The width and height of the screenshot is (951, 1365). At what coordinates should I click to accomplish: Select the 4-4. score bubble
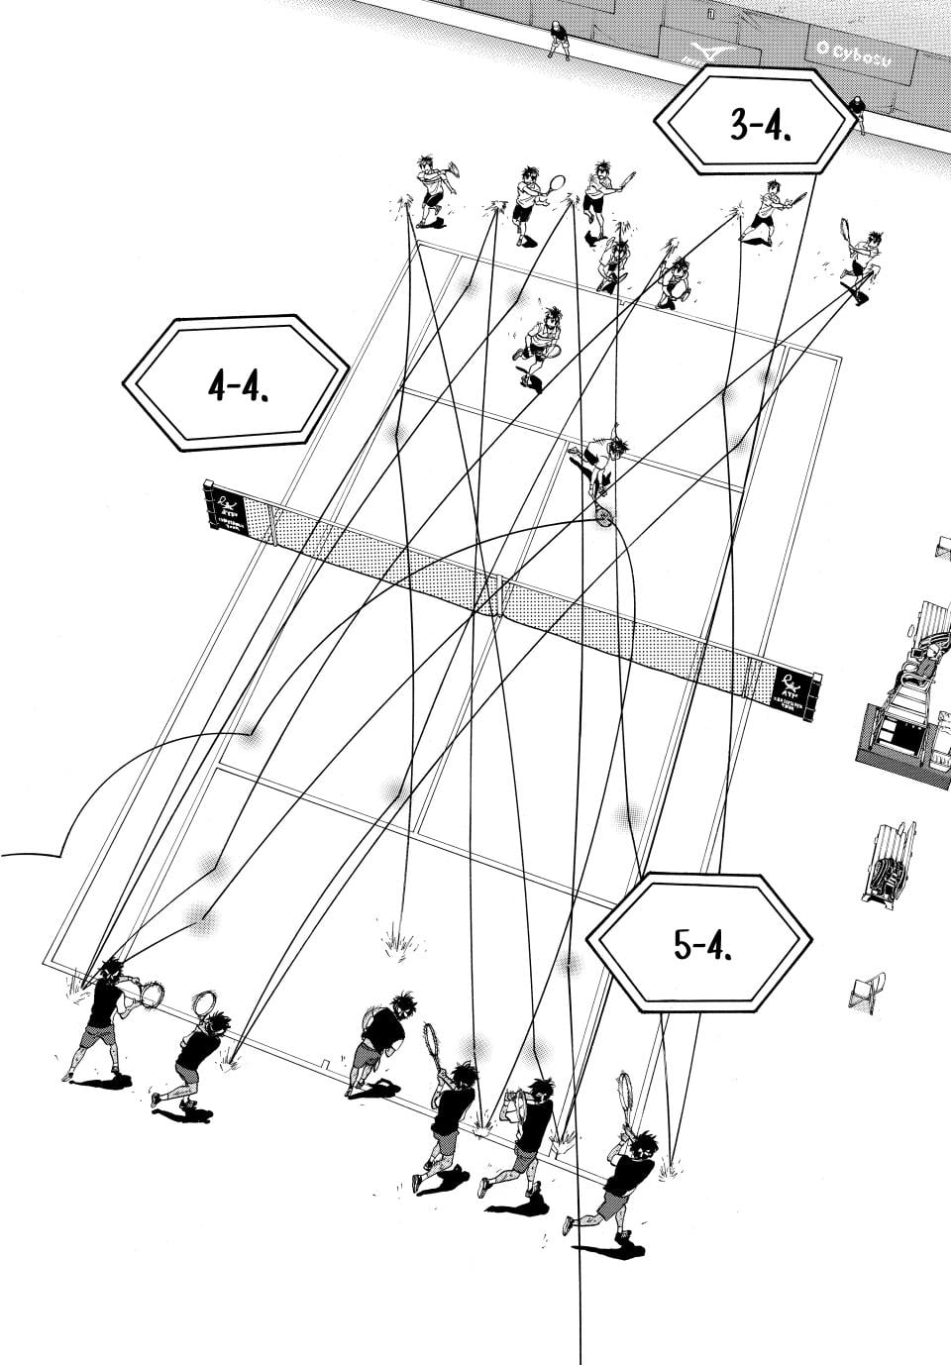click(236, 384)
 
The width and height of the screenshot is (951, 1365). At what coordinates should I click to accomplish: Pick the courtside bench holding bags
click(888, 862)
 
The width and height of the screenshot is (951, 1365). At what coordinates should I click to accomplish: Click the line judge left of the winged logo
click(560, 37)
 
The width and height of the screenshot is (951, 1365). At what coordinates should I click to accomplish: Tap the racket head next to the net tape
click(603, 516)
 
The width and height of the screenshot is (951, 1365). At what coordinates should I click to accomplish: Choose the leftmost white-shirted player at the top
click(432, 188)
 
